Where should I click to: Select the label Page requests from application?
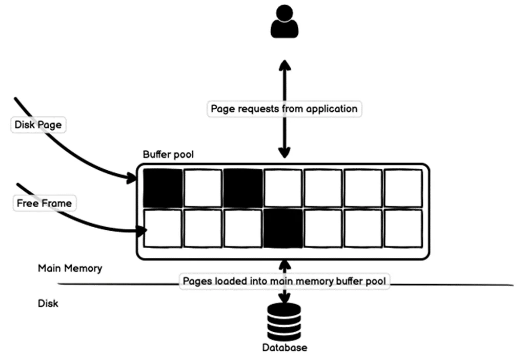pos(285,109)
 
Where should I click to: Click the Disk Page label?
pos(38,125)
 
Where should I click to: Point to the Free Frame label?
pos(44,203)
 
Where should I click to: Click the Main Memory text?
pos(70,268)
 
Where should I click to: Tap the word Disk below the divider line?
pos(48,304)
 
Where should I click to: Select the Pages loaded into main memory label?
pos(285,282)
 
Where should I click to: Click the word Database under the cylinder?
pos(285,348)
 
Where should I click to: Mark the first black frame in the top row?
pos(163,188)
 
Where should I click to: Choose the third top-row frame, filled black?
pos(243,188)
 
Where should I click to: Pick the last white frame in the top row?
pos(403,188)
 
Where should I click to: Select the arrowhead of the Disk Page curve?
pos(136,177)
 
